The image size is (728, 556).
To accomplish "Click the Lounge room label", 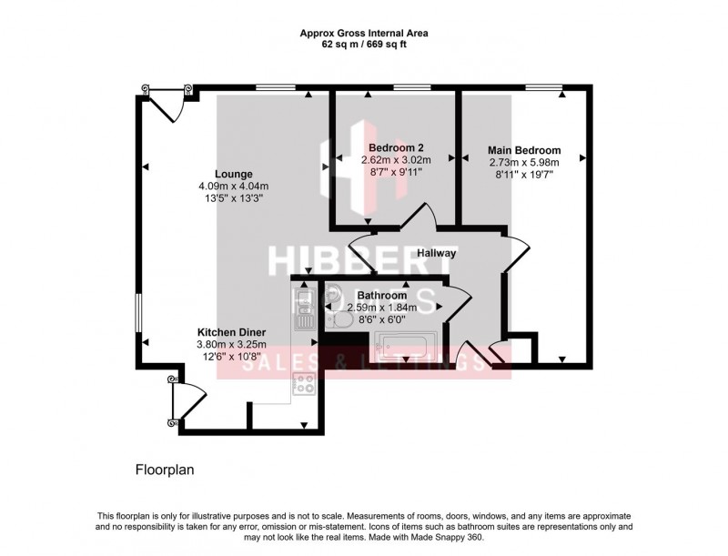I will (x=234, y=174).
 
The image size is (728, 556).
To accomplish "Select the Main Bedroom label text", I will (x=524, y=150).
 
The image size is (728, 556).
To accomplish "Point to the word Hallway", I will (x=438, y=253).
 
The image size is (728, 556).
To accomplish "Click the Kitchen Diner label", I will (x=232, y=332).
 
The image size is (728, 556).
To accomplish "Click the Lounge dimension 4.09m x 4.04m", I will (x=234, y=187).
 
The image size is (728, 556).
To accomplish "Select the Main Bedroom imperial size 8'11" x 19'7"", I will (x=524, y=175).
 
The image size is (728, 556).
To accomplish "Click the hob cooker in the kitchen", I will (x=303, y=385).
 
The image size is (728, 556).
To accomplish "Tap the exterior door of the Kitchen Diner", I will (x=187, y=400).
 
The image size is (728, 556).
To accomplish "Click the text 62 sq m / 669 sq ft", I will (x=364, y=43).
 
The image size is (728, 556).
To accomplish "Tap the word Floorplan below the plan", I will (x=165, y=470).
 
